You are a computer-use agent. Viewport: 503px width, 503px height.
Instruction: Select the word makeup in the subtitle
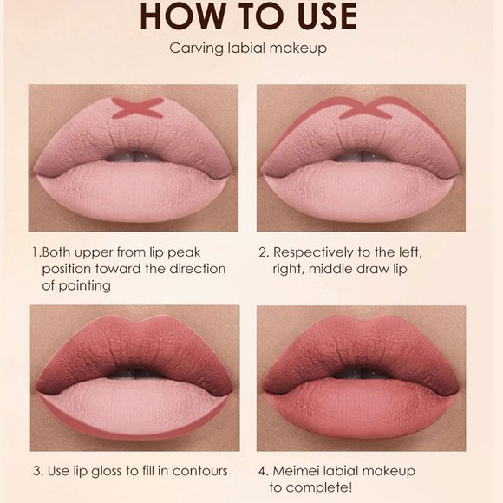tap(300, 49)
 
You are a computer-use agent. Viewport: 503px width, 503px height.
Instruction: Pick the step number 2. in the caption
tap(264, 252)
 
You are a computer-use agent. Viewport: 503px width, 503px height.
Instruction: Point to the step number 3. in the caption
tap(38, 471)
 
